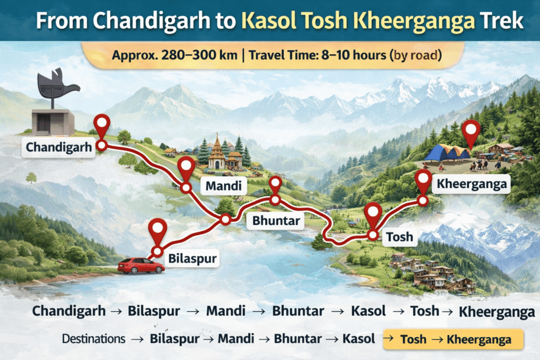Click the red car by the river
pos(141,265)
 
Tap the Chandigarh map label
pos(57,147)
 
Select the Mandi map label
pos(224,185)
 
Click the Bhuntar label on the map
pos(275,220)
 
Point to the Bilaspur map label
pos(192,258)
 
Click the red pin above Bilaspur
pos(158,231)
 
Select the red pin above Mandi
pos(186,166)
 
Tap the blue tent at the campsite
pos(448,152)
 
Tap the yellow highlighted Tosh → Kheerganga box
pos(454,339)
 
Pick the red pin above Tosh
pos(373,213)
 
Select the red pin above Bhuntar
pos(275,185)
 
